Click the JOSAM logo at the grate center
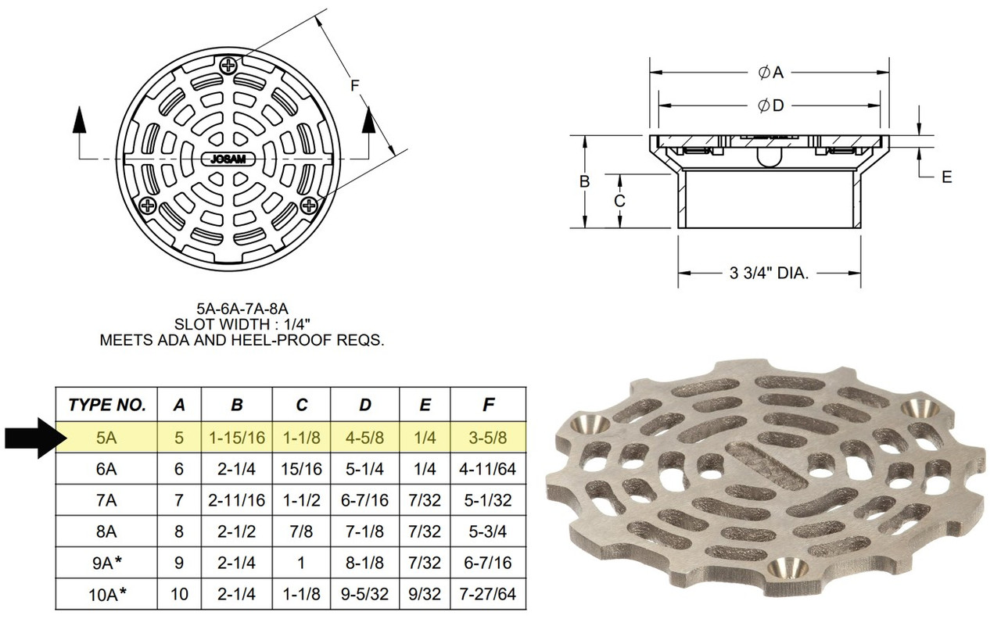228,159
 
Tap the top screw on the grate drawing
228,66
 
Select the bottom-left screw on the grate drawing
148,206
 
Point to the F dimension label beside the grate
354,85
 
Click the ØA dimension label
770,73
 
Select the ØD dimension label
770,106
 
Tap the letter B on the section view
584,181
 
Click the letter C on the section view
619,201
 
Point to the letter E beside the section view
946,177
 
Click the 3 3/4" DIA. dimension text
769,273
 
